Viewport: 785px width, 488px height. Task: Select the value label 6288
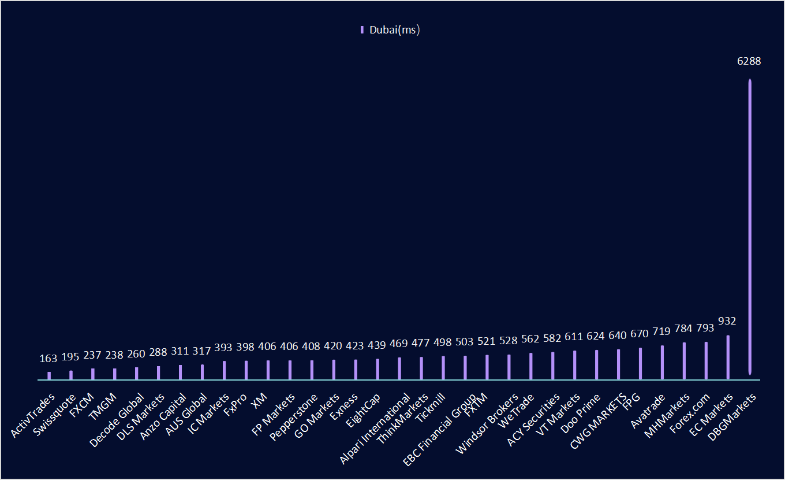click(x=749, y=61)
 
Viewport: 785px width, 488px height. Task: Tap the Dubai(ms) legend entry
click(x=390, y=30)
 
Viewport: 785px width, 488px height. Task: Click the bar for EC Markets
click(x=728, y=357)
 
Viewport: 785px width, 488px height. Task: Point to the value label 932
click(x=727, y=321)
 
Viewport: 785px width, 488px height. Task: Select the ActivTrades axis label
click(x=33, y=415)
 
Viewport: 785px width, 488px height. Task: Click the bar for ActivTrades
click(x=49, y=375)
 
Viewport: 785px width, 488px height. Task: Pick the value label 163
click(x=48, y=359)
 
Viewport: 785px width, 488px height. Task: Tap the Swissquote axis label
click(x=55, y=415)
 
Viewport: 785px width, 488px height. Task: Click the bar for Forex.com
click(x=706, y=360)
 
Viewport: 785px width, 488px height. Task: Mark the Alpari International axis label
click(x=375, y=427)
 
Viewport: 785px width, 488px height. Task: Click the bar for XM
click(x=268, y=370)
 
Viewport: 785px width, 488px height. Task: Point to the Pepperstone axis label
click(x=294, y=416)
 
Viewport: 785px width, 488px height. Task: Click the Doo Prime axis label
click(x=581, y=415)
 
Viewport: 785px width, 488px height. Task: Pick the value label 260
click(x=136, y=353)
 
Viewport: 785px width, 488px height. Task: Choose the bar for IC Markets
click(x=225, y=370)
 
